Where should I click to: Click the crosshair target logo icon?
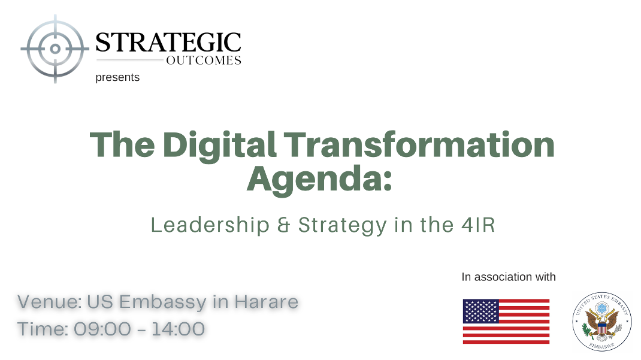click(x=55, y=49)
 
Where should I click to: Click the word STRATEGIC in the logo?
click(x=168, y=43)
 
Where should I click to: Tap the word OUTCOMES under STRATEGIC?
click(x=204, y=60)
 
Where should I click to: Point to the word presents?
click(x=117, y=77)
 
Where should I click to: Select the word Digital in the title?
click(x=219, y=145)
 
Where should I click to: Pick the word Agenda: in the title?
click(x=319, y=180)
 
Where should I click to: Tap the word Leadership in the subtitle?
click(x=210, y=225)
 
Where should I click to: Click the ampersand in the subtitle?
click(x=284, y=225)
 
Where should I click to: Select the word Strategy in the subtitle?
click(x=342, y=226)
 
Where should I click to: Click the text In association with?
click(x=509, y=277)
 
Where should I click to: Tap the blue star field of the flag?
click(x=480, y=311)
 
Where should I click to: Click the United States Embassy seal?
click(x=601, y=322)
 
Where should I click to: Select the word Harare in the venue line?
click(x=266, y=302)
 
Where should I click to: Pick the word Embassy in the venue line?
click(x=163, y=302)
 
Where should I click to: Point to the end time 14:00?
click(x=178, y=329)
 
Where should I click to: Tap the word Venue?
click(x=50, y=302)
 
